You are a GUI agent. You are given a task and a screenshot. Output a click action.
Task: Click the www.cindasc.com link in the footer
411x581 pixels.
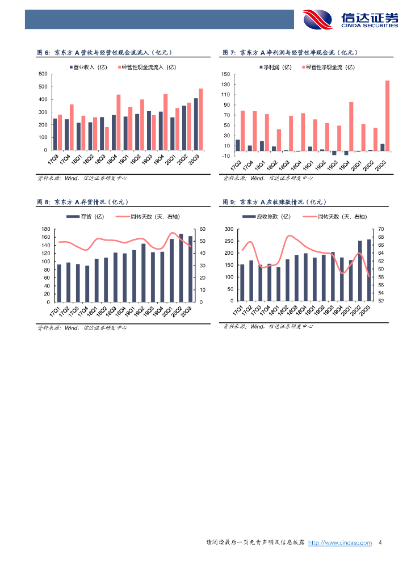click(339, 543)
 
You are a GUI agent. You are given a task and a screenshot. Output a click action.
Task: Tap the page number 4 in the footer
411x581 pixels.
click(380, 543)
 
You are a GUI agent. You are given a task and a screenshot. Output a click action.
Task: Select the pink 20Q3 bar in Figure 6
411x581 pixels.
click(200, 119)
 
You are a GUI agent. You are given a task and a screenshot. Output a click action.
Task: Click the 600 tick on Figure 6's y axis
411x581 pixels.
click(43, 74)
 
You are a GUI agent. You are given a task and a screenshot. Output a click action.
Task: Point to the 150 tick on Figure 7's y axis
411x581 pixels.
click(225, 74)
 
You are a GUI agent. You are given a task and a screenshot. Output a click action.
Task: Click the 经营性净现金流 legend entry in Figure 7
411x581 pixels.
click(329, 67)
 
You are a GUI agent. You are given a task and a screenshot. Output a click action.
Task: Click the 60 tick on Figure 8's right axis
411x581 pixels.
click(203, 229)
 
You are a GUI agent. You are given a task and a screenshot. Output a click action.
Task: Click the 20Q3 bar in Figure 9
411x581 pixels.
click(369, 270)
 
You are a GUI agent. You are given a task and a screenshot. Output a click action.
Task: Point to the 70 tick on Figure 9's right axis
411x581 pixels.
click(381, 229)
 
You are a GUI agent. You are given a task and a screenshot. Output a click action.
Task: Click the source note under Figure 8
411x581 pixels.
click(82, 327)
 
